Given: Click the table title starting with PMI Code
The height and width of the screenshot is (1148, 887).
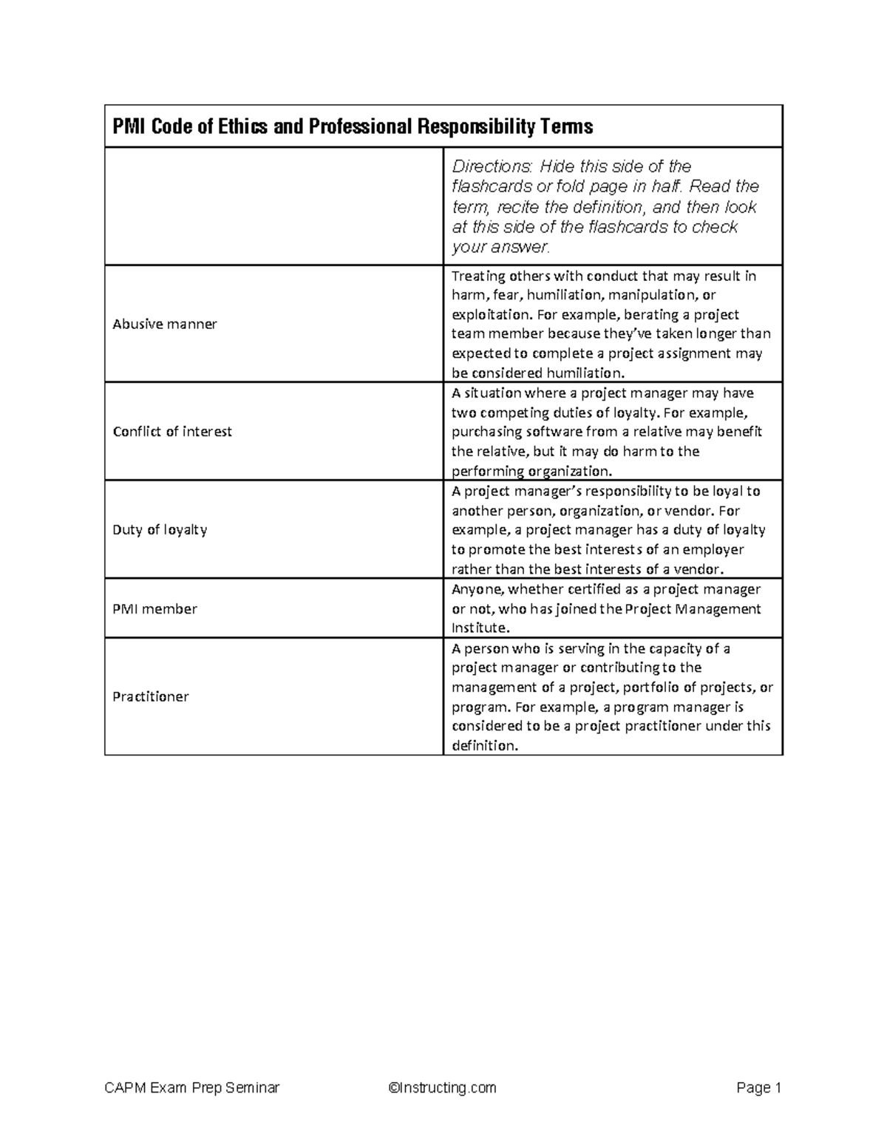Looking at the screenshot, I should point(353,127).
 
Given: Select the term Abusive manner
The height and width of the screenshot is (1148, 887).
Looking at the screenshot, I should point(165,324).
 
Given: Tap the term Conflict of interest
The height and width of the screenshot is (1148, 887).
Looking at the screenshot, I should point(172,432).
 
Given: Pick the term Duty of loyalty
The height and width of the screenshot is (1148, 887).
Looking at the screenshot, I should point(160,530).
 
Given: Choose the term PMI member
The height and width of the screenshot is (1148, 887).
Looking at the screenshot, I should point(154,609).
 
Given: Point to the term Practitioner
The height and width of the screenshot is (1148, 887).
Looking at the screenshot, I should point(151,696).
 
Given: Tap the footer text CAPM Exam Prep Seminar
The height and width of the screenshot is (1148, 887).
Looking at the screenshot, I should point(192,1087).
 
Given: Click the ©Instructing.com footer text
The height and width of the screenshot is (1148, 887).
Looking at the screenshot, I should point(442,1087).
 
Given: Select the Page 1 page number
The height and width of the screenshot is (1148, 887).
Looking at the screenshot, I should point(758,1087).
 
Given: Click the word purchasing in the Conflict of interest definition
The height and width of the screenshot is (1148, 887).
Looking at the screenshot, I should point(483,432).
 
